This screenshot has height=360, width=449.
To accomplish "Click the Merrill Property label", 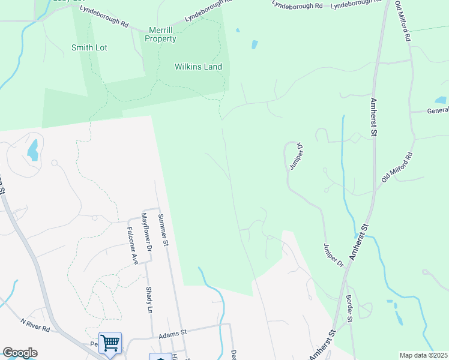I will [x=160, y=34].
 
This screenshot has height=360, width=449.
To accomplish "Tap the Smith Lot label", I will [x=89, y=47].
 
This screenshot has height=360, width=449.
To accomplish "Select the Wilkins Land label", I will [x=198, y=67].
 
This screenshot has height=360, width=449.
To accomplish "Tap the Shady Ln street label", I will [x=149, y=299].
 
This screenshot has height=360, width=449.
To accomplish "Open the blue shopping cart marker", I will [x=110, y=343].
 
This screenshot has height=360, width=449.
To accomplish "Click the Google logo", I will [x=20, y=353].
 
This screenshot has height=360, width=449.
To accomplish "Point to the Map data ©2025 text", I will [x=423, y=355].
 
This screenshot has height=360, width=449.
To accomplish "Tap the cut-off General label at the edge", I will [x=438, y=110].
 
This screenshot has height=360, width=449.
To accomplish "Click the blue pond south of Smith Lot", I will [x=33, y=150].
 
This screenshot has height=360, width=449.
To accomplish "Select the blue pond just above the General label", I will [x=440, y=100].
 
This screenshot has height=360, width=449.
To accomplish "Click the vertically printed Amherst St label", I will [x=373, y=118].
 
